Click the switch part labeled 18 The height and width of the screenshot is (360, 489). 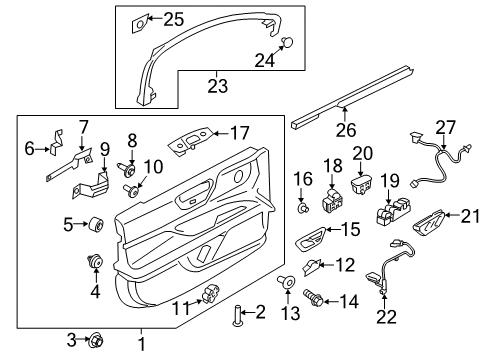tap(331, 202)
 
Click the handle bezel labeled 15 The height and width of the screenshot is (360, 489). tap(310, 240)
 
